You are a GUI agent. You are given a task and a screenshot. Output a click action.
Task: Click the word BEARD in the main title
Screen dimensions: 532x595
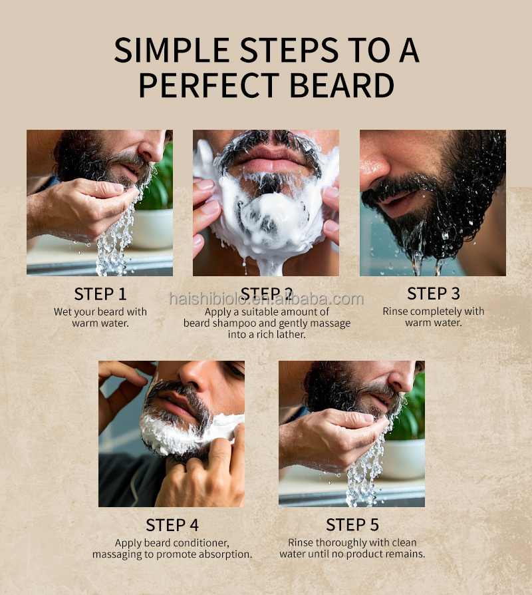click(342, 85)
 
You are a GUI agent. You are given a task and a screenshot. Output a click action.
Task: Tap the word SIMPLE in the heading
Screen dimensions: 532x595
click(172, 50)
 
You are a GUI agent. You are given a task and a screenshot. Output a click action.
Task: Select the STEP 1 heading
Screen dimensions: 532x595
click(100, 294)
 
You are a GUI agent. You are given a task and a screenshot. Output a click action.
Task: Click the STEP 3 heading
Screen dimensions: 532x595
click(434, 294)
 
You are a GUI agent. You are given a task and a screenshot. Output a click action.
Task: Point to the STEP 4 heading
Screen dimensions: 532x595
click(172, 525)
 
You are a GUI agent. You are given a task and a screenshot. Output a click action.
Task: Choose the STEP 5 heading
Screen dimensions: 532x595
click(352, 525)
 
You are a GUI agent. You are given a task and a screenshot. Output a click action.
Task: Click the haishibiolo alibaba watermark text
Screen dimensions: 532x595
click(267, 299)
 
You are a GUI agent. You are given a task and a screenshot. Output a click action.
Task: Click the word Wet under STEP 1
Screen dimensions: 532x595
click(63, 311)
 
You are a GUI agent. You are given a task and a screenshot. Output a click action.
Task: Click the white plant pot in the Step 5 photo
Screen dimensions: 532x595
click(405, 459)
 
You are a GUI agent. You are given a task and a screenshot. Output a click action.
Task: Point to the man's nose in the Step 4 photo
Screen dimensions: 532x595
click(198, 373)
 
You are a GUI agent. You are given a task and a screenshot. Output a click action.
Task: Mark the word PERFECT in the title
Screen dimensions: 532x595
click(209, 85)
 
